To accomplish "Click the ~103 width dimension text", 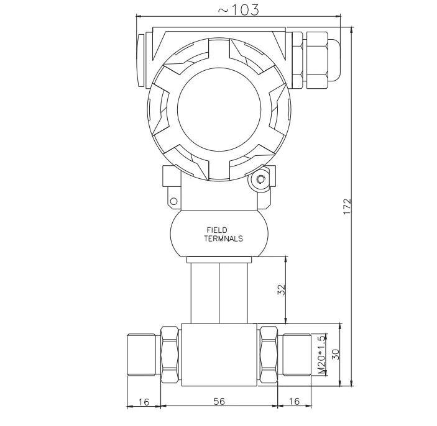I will click(237, 9).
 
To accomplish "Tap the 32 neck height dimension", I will click(281, 290).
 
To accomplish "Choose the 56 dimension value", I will click(219, 401).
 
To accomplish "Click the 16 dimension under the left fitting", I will click(144, 401).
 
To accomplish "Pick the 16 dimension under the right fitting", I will click(295, 401).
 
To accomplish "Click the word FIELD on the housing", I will click(217, 230).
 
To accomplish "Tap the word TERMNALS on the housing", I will click(223, 239).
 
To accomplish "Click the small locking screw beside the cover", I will click(260, 180).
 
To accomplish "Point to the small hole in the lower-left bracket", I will click(174, 201).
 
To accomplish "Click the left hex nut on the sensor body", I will click(169, 355).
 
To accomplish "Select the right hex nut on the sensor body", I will click(269, 355).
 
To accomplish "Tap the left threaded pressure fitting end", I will click(142, 355).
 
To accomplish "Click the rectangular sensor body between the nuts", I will click(219, 355).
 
